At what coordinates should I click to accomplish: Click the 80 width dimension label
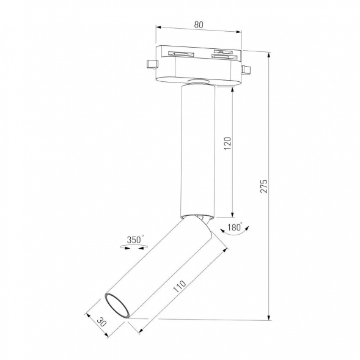199,24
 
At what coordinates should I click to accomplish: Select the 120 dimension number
227,143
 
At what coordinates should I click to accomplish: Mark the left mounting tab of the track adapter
150,63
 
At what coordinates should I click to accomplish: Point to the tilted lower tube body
162,269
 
